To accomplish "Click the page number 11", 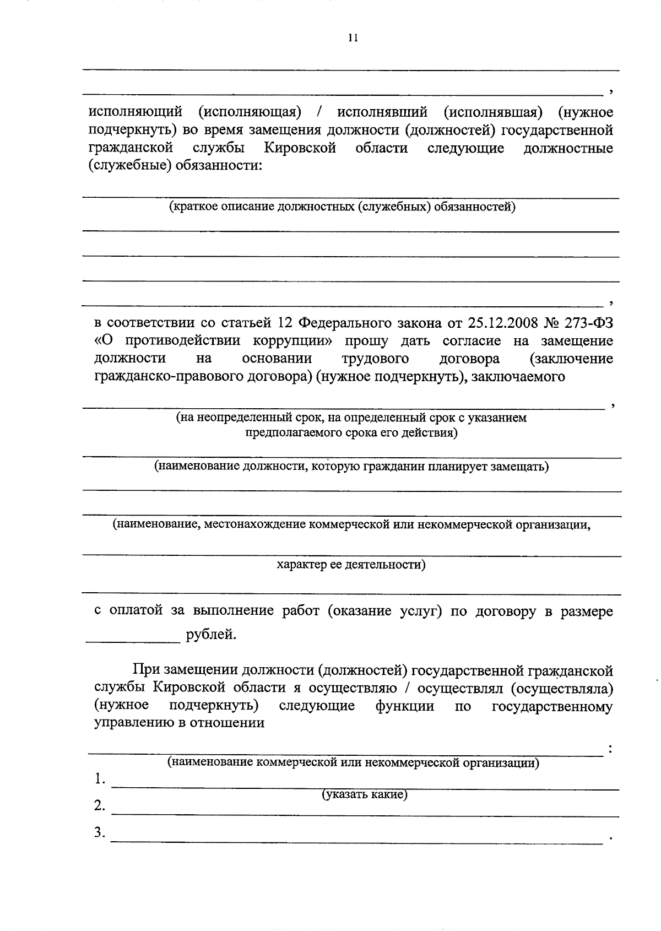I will click(353, 38).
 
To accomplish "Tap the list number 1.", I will click(99, 779).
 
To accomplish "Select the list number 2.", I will click(99, 805).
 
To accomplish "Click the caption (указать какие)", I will click(365, 794).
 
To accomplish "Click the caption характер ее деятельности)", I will click(350, 565).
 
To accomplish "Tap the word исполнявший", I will click(382, 112).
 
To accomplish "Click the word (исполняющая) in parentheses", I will click(250, 112).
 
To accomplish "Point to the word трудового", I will click(375, 359).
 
